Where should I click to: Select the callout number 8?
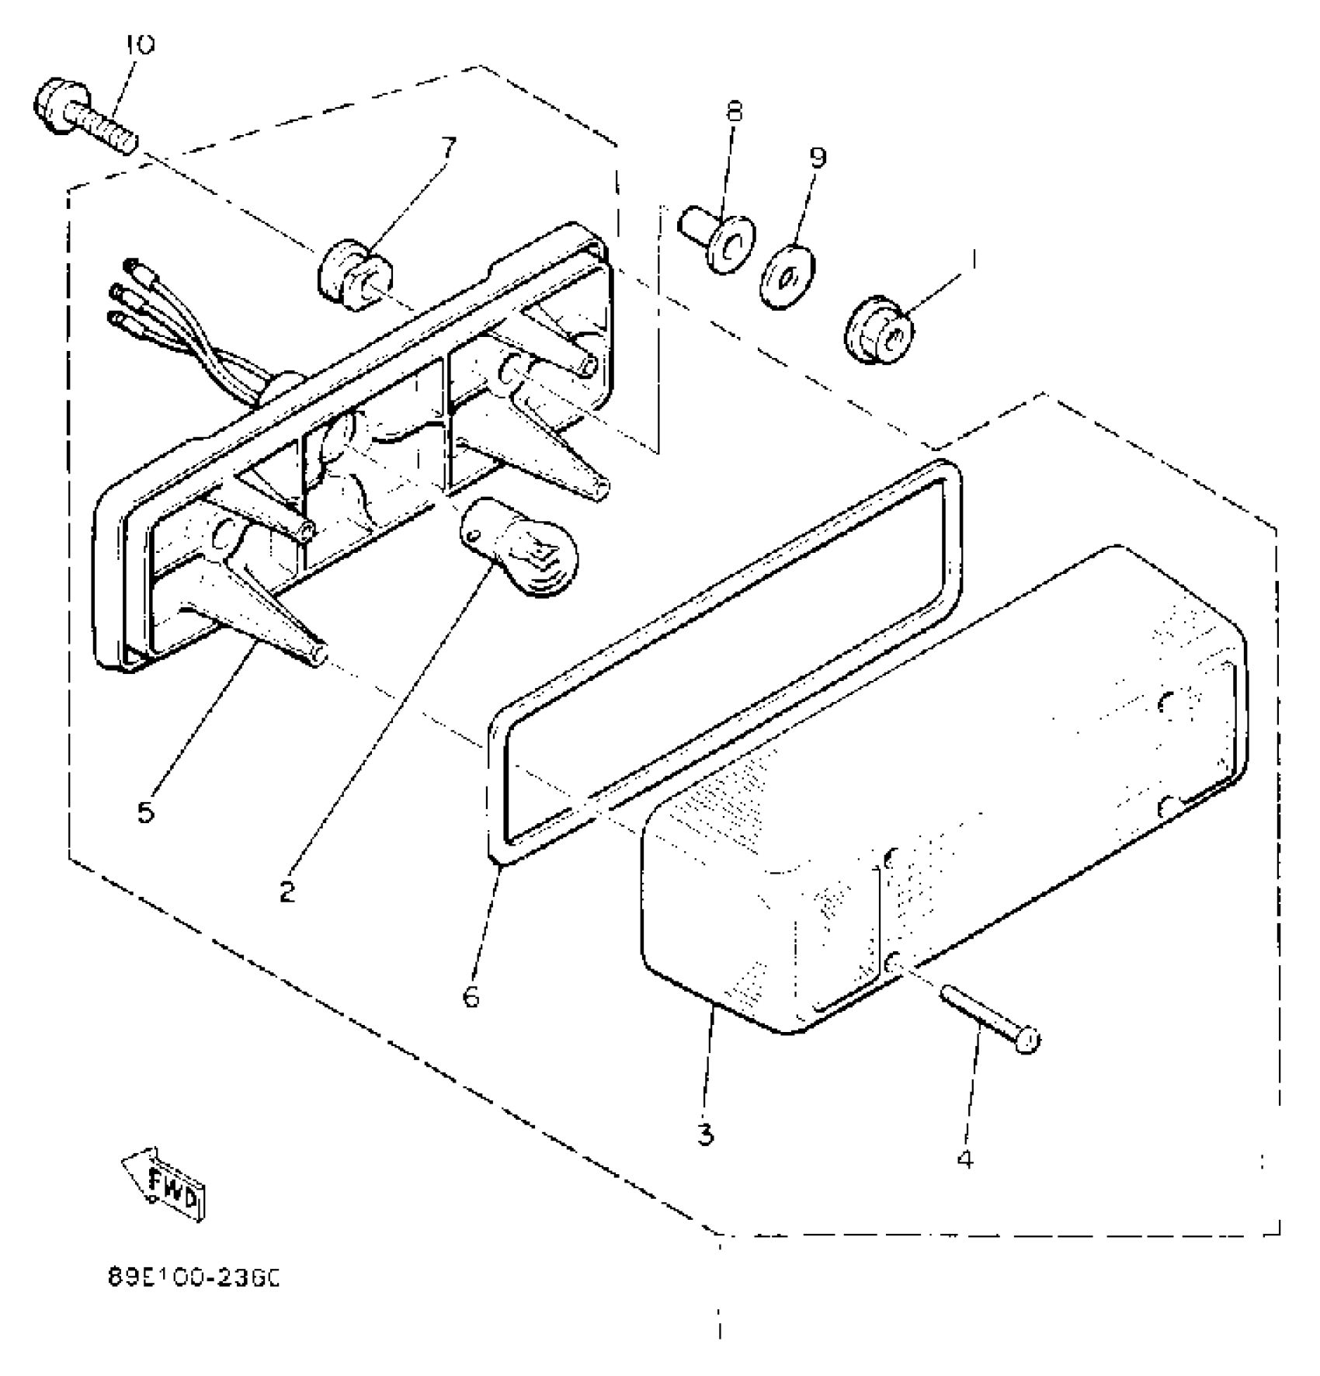point(734,112)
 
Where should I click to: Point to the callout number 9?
point(817,158)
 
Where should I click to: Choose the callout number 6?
point(471,996)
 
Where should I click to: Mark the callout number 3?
point(705,1136)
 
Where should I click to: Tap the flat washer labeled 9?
point(787,277)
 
